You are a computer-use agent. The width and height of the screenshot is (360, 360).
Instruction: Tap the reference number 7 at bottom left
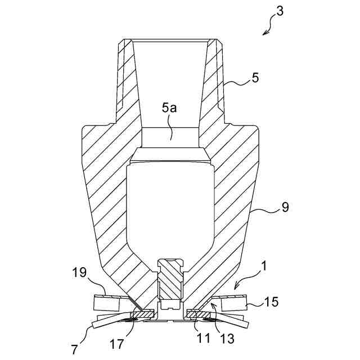[x=74, y=349]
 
